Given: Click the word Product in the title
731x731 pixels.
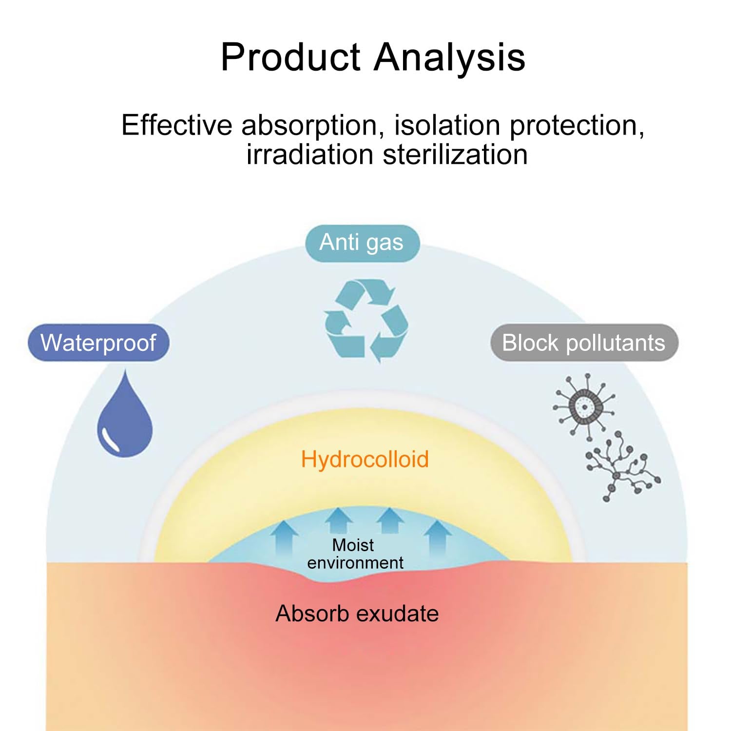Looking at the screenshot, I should [x=290, y=58].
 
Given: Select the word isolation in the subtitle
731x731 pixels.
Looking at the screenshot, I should [x=447, y=125].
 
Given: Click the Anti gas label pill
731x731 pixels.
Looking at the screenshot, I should [x=362, y=243].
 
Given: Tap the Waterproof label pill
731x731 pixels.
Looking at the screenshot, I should [x=98, y=343].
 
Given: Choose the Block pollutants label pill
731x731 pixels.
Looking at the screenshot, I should [x=583, y=343].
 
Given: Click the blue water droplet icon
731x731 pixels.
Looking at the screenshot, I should [x=125, y=419].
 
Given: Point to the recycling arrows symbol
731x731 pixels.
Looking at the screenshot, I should [x=365, y=321].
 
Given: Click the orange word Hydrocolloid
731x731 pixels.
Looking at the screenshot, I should [x=365, y=460].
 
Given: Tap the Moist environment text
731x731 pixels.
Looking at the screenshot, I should [x=354, y=554].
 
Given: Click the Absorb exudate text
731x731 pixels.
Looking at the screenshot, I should [x=357, y=614].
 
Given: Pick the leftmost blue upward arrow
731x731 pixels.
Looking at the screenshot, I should [x=284, y=539].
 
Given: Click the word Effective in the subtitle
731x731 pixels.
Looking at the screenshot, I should [x=176, y=125].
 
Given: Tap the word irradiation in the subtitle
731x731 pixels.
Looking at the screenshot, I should [x=309, y=155].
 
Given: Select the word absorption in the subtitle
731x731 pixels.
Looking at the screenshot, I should [x=309, y=125].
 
